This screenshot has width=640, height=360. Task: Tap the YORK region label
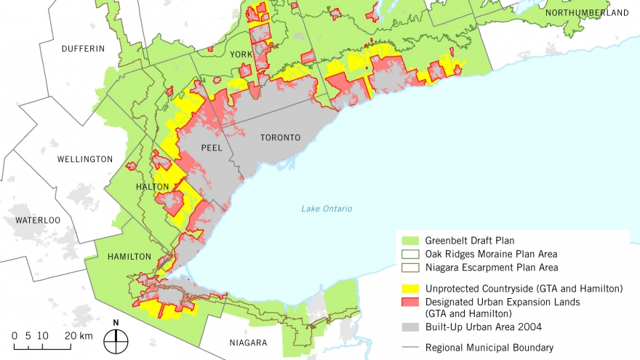[x=241, y=55]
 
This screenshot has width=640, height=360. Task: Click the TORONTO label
[x=280, y=137]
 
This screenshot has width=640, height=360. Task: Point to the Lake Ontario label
[x=327, y=209]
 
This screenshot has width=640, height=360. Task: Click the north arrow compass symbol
[x=115, y=337]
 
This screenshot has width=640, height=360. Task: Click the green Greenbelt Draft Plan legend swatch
[x=407, y=241]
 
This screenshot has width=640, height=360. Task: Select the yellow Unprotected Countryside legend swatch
[x=407, y=289]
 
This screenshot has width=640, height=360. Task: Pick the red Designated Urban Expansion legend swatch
[x=407, y=302]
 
